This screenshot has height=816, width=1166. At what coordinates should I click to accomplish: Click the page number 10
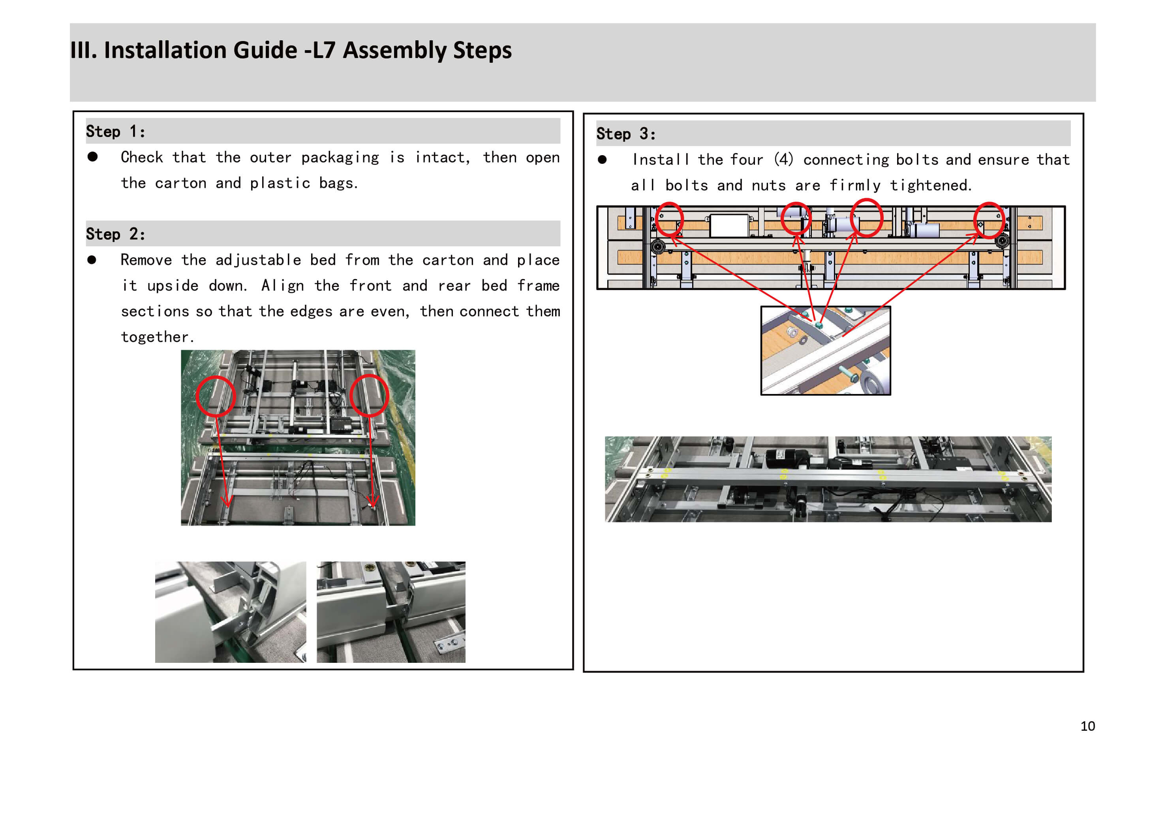tap(1087, 726)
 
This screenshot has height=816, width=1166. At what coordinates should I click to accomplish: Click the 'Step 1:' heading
tap(115, 131)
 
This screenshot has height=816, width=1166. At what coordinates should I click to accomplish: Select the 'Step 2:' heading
tap(115, 234)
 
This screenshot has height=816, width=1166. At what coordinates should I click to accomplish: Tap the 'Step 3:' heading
tap(626, 134)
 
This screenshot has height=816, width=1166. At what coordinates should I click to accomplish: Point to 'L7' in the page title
tap(323, 50)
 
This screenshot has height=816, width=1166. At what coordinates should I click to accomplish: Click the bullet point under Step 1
tap(92, 156)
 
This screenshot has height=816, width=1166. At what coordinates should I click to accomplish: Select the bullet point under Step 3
tap(602, 159)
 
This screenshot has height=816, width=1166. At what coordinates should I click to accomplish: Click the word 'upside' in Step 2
tap(172, 286)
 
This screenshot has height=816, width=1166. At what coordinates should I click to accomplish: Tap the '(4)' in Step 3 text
tap(784, 159)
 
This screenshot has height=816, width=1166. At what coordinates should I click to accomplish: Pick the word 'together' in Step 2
tap(155, 337)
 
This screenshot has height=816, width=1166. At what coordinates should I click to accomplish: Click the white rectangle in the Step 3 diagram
tap(729, 225)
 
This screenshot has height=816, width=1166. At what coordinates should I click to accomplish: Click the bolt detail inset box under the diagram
tap(825, 351)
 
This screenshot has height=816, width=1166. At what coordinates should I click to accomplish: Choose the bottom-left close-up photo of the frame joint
tap(231, 612)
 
